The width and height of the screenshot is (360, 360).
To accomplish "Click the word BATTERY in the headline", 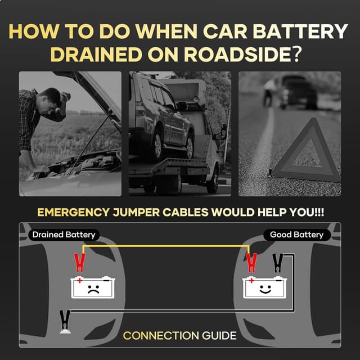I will coord(301,31).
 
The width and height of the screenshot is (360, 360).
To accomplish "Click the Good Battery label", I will coord(296,235).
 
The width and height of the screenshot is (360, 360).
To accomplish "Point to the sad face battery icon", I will coord(93,287).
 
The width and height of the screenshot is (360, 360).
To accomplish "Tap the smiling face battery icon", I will coord(265,287).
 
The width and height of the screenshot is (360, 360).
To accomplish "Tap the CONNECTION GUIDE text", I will coord(179,336).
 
